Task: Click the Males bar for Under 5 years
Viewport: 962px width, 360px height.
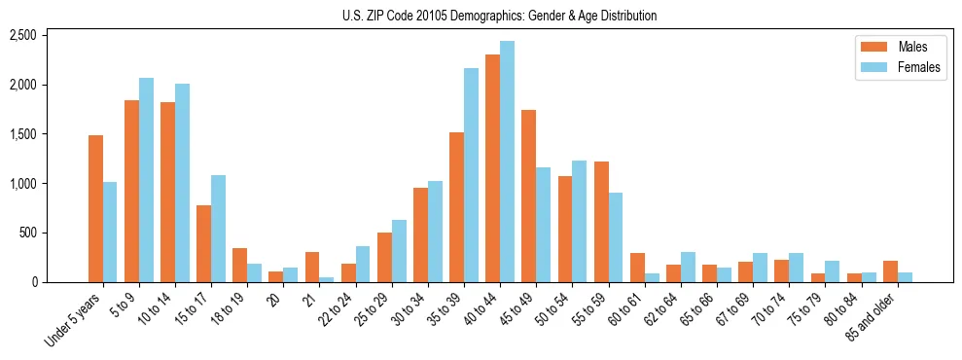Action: (95, 209)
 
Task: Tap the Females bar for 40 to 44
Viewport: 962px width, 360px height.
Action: (507, 162)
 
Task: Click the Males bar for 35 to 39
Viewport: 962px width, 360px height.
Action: (456, 207)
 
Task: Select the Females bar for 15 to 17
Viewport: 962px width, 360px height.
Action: (218, 229)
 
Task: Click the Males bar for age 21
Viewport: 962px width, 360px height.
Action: (312, 268)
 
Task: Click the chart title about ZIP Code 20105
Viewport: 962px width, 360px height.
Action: (499, 16)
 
